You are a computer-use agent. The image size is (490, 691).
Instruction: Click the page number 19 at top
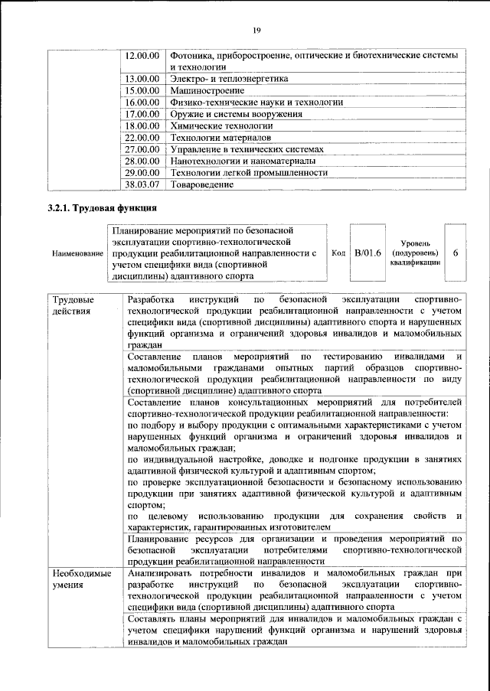pos(256,30)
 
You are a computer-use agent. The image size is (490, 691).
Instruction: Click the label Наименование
pos(77,253)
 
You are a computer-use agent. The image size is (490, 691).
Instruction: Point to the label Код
pos(338,252)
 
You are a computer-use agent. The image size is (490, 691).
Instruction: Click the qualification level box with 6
pos(455,252)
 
